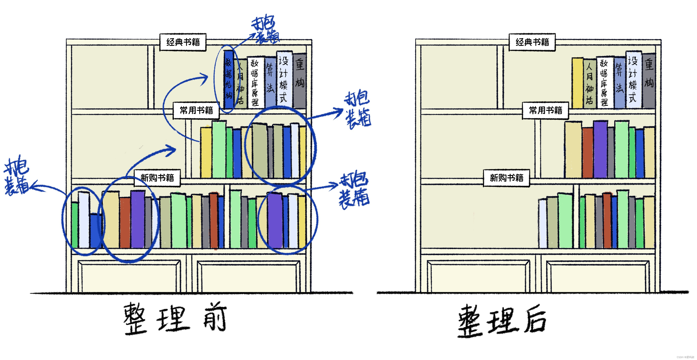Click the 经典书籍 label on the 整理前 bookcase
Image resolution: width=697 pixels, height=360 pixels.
click(x=183, y=42)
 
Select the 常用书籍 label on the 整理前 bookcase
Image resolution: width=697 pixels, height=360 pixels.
click(x=196, y=110)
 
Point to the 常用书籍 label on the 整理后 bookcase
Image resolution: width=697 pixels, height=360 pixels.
click(x=545, y=110)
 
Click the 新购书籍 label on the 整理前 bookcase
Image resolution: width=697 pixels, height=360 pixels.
click(x=157, y=178)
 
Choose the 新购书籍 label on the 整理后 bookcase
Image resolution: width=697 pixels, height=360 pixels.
click(x=506, y=178)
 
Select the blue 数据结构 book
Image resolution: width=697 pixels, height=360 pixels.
click(x=229, y=80)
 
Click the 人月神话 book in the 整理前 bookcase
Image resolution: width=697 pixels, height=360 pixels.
click(x=240, y=84)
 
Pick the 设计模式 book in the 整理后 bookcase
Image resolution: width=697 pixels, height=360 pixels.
click(x=633, y=80)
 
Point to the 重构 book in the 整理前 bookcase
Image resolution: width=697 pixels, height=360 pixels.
click(x=300, y=80)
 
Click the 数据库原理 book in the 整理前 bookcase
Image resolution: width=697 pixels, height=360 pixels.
click(x=255, y=82)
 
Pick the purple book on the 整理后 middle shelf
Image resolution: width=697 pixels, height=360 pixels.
click(x=600, y=149)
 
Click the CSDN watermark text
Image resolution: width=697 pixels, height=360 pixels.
click(x=686, y=357)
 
